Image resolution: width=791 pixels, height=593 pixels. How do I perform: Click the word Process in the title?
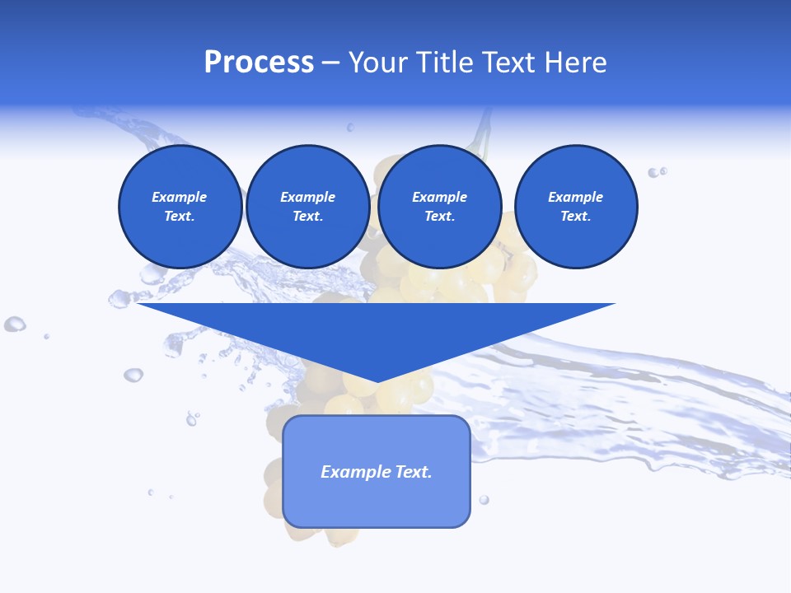259,63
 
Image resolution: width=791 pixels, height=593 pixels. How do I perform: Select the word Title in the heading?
445,63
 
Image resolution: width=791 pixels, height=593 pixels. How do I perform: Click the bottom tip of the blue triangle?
377,381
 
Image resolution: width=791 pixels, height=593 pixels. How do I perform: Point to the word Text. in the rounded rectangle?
414,472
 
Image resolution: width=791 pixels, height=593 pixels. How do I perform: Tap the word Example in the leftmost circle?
180,197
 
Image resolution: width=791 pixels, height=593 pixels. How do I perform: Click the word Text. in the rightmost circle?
575,216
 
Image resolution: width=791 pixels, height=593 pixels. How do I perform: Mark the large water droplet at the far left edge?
14,324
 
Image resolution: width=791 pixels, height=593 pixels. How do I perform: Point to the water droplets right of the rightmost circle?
657,172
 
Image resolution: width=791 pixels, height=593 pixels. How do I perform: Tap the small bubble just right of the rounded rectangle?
484,499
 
